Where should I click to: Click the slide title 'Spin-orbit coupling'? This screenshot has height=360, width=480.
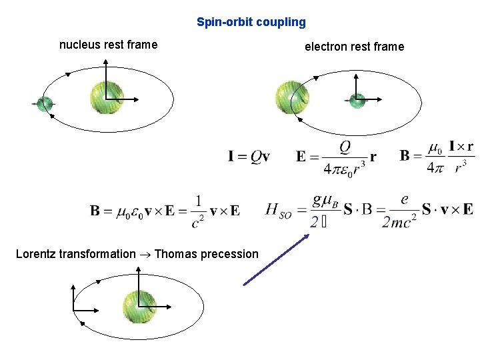point(251,22)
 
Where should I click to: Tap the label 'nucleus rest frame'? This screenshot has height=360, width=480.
point(108,45)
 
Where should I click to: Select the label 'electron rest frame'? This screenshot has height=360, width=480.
point(354,47)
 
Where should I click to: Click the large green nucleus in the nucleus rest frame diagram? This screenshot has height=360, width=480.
point(107,97)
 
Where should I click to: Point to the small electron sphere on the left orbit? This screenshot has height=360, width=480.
point(44,104)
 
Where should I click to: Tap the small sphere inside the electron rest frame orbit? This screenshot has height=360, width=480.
point(357,101)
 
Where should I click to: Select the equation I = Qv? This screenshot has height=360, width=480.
point(249,157)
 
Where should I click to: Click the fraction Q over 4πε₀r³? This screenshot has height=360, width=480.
point(345,157)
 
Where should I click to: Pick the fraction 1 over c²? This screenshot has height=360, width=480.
point(198,211)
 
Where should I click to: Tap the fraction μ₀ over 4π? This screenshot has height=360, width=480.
point(434,157)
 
